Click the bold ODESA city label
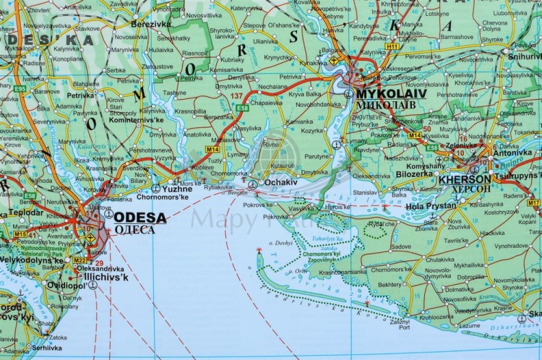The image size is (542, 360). click(140, 217)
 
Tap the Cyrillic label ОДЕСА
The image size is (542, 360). click(134, 229)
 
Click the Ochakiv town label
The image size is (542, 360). click(280, 183)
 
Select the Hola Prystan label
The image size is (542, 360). click(431, 205)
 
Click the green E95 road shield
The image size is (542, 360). click(20, 89)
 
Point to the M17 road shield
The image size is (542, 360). click(533, 203)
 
